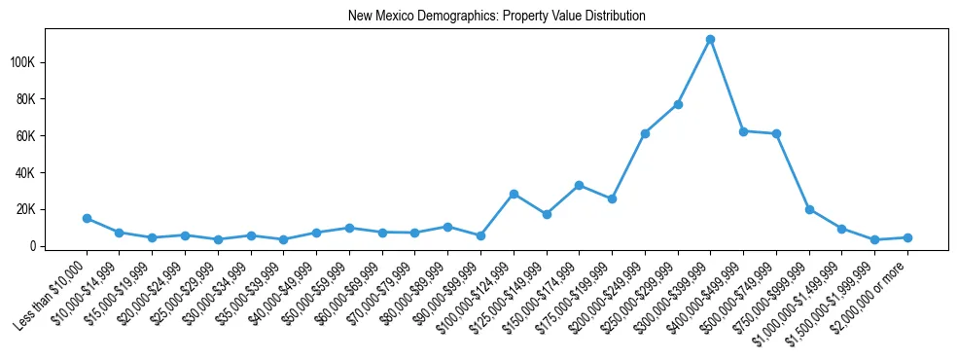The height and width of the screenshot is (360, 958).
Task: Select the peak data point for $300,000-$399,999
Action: click(710, 39)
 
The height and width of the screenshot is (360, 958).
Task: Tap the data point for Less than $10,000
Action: click(87, 218)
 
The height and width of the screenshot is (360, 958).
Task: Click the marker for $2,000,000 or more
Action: click(907, 237)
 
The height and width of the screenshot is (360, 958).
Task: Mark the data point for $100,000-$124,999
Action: click(514, 194)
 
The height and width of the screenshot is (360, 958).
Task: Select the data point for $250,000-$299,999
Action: click(678, 104)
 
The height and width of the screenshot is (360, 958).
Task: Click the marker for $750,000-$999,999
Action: click(809, 209)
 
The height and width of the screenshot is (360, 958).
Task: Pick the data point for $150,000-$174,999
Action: click(579, 185)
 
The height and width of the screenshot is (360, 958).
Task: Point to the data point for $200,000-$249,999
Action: click(645, 133)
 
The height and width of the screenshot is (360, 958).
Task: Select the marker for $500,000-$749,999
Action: click(776, 133)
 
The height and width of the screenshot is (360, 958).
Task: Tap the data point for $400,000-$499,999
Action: click(743, 130)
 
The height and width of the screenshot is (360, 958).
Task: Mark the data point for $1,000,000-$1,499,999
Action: click(841, 229)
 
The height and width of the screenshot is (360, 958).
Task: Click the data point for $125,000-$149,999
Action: click(547, 214)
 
